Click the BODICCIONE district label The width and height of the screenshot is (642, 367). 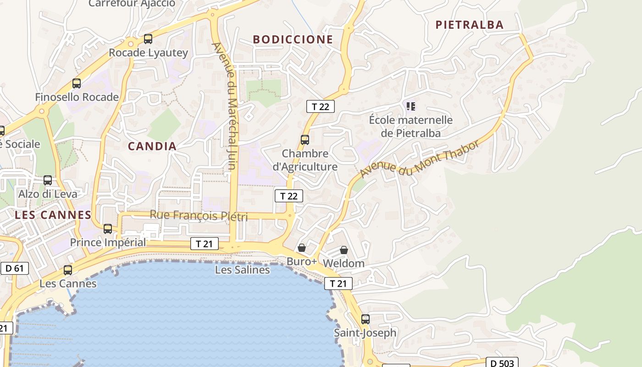[x=293, y=39]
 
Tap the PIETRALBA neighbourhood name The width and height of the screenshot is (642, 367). [x=469, y=25]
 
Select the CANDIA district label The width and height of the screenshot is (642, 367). [x=152, y=146]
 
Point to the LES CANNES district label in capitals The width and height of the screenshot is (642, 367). [x=53, y=215]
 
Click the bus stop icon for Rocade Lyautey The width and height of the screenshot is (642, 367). [x=148, y=39]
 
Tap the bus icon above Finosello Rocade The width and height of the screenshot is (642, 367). [x=77, y=83]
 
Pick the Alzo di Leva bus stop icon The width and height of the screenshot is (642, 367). [x=48, y=180]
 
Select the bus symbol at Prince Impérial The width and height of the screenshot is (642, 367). [x=108, y=228]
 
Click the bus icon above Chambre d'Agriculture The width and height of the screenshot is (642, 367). [x=305, y=140]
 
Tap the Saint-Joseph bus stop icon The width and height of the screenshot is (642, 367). [x=365, y=319]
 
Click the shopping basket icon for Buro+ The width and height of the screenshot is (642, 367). [x=302, y=248]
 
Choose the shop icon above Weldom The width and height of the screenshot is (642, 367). [x=344, y=250]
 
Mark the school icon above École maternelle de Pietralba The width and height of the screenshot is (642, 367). [x=411, y=106]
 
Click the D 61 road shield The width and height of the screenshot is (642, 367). [x=15, y=268]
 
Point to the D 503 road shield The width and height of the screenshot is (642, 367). [x=502, y=363]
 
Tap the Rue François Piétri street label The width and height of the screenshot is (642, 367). [x=199, y=215]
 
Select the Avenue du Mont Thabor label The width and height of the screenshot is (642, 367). [x=420, y=158]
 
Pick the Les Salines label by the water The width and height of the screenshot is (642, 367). [x=242, y=270]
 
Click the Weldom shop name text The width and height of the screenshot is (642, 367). [x=343, y=263]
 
